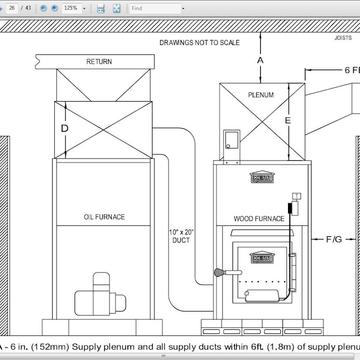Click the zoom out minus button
coord(43,8)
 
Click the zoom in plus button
coord(54,8)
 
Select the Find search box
coord(155,9)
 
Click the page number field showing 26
coord(12,8)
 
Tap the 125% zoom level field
coord(72,8)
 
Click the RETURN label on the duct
coord(99,62)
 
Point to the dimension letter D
coord(64,128)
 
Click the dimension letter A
coord(260,60)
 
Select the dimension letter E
coord(288,120)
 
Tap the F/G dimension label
coord(334,239)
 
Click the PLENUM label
coord(261,95)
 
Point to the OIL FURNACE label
coord(104,217)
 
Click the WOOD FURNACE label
coord(259,219)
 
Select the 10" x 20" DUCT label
coord(181,236)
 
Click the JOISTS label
coord(343,38)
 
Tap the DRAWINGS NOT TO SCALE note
coord(199,42)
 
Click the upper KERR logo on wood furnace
coord(262,177)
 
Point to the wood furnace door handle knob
coord(219,273)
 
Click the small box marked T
coord(297,196)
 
